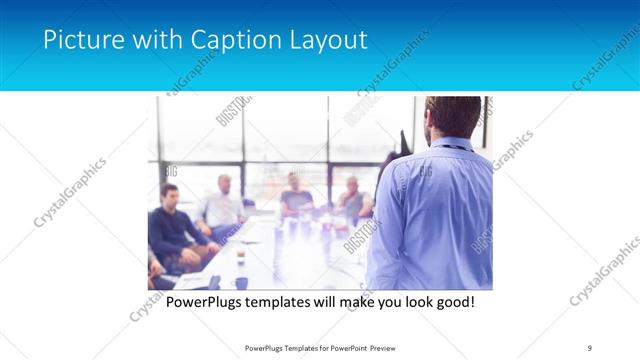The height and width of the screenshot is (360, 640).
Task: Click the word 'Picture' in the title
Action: point(82,40)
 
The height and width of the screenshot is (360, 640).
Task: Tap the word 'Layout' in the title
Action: point(325,40)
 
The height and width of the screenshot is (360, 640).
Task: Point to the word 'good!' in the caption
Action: point(451,301)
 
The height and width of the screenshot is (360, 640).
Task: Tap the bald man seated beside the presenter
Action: point(352,198)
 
